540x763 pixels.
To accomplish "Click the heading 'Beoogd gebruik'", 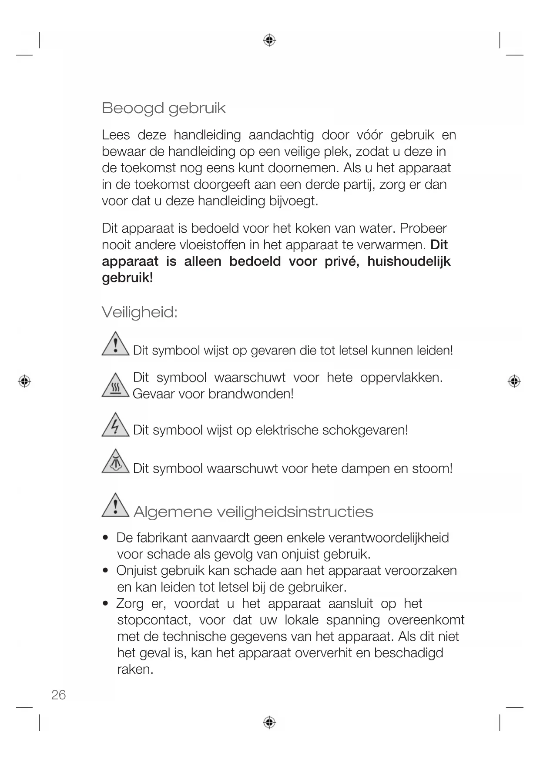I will coord(164,108).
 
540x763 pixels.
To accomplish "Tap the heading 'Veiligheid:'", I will coord(140,312).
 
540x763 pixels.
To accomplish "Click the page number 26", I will coord(58,695).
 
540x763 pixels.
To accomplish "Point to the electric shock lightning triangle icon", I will coord(115,425).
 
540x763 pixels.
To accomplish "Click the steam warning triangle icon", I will coord(115,462).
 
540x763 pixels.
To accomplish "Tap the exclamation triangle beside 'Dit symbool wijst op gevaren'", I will coord(115,345).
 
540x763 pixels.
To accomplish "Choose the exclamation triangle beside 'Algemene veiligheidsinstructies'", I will coord(115,506).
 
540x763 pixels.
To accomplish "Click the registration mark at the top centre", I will coord(269,40).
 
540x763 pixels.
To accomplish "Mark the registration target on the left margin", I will coord(24,381).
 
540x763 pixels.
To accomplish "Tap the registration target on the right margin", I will coord(514,381).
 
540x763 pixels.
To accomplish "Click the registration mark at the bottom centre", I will coord(269,722).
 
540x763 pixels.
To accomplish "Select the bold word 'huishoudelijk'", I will coord(409,261).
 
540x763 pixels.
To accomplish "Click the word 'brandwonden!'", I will coord(251,394).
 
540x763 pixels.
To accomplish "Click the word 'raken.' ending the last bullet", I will coord(135,669).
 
